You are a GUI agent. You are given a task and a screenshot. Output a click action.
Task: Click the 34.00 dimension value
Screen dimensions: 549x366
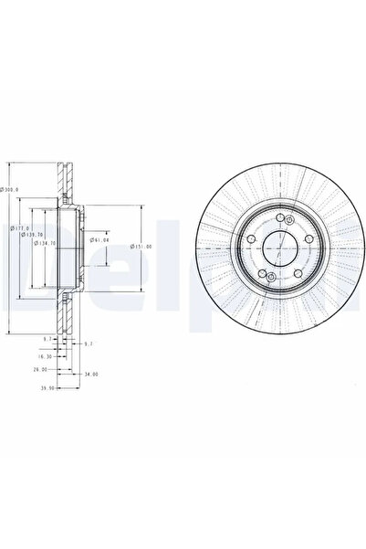91,373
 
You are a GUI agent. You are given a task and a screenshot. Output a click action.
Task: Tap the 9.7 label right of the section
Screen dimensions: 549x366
88,344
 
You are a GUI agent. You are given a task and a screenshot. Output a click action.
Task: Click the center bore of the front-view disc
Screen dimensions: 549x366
280,247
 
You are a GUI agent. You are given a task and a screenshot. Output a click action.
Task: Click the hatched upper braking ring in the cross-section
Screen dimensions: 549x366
64,178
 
